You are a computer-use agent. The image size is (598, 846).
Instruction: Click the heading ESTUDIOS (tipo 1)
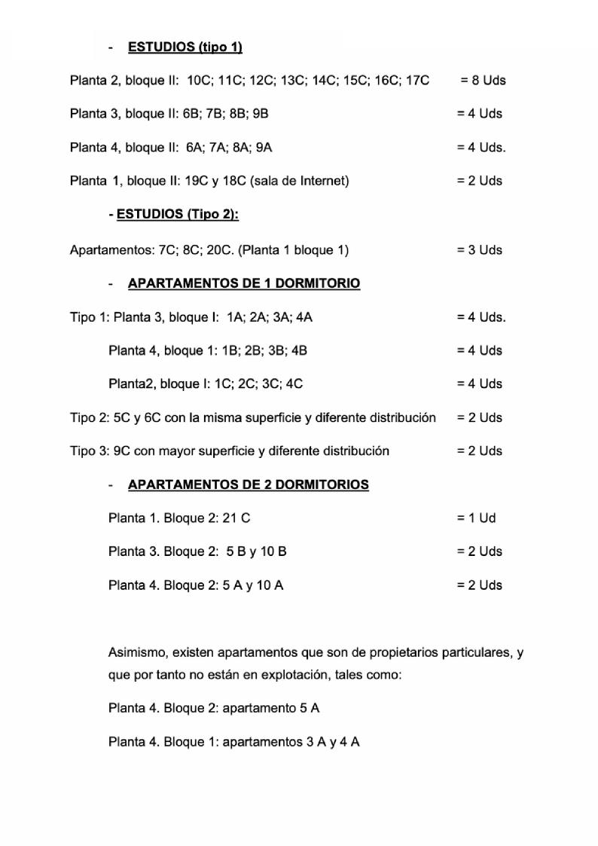click(185, 47)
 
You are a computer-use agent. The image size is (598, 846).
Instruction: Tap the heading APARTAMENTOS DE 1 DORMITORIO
click(244, 284)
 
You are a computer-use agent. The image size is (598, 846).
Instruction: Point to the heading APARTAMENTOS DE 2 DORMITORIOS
click(249, 484)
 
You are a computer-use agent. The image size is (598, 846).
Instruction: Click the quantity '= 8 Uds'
click(483, 81)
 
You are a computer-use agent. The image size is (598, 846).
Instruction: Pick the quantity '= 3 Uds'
click(479, 250)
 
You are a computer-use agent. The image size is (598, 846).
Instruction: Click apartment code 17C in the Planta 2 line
click(416, 81)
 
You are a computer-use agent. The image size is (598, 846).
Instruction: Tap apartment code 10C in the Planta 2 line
click(200, 81)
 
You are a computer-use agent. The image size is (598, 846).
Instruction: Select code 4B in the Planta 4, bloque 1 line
click(297, 351)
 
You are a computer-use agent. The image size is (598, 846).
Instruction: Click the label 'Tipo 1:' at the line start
click(90, 317)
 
